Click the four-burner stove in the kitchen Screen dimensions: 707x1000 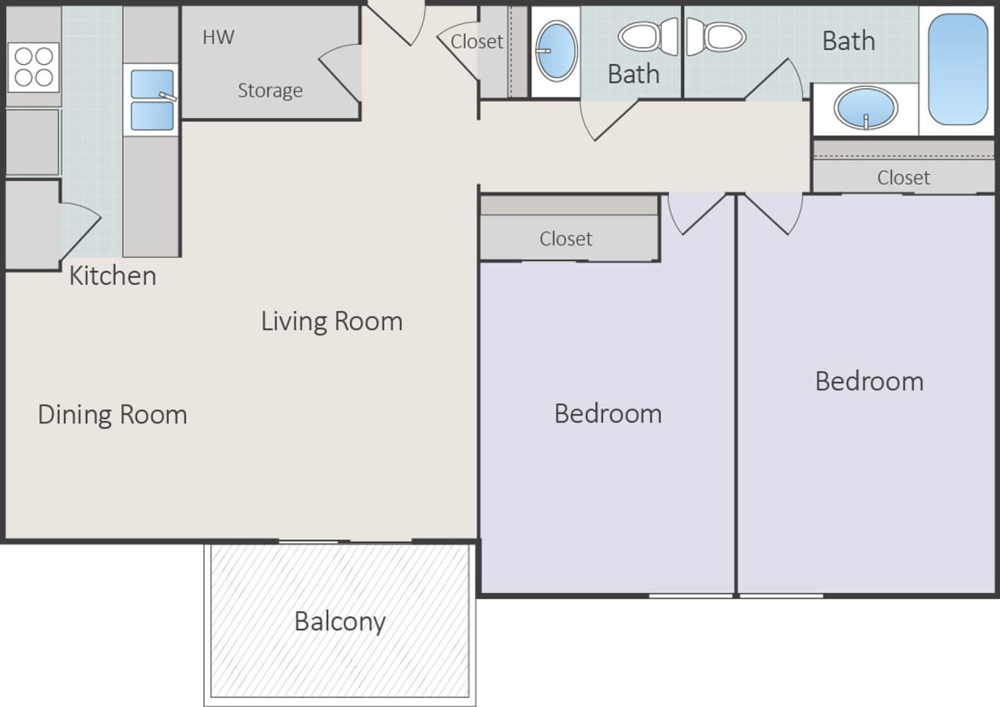34,66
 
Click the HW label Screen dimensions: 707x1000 218,37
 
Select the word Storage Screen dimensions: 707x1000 270,91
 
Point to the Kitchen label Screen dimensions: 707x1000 112,276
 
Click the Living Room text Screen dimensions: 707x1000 331,321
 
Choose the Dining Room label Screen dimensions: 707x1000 112,414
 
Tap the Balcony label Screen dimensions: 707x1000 339,622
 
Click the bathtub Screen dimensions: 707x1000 958,69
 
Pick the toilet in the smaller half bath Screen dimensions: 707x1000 649,37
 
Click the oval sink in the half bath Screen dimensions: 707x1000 557,51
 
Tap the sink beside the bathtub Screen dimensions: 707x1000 866,109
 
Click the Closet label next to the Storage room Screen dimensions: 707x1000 477,41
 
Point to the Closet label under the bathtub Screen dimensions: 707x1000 903,177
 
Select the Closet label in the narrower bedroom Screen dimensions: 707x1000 566,238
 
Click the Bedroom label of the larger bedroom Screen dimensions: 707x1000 869,381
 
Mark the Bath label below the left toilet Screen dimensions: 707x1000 633,74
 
